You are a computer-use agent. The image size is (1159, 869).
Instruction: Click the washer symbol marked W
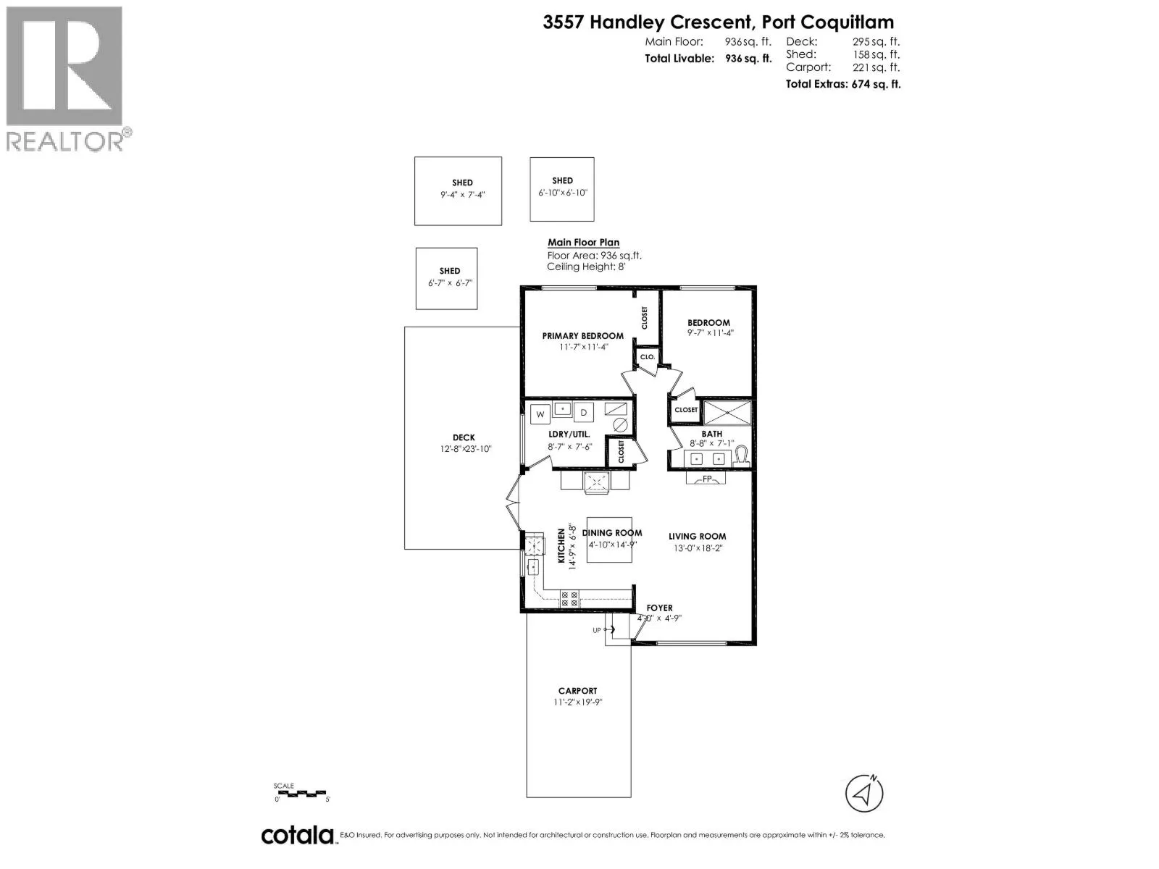540,415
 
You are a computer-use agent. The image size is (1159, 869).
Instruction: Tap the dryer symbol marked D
584,413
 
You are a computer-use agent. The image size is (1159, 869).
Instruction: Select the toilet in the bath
740,456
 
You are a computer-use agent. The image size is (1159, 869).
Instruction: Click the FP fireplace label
707,479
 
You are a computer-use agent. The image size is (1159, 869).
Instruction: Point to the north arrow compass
864,793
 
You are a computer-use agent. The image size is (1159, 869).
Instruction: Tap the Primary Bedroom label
582,336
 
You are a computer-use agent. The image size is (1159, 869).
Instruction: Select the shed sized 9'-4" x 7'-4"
458,190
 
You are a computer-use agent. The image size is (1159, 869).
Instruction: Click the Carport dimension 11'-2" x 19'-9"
577,702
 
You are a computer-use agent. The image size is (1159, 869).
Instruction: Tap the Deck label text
464,437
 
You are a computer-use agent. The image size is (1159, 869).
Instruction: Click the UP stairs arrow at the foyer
605,630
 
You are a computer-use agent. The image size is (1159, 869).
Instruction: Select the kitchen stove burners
569,599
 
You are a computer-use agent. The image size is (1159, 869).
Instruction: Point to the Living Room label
697,537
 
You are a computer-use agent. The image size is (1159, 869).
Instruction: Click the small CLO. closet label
647,357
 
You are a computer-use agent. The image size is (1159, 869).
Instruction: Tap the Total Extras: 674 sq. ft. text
842,84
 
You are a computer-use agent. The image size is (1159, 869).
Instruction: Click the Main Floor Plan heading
583,243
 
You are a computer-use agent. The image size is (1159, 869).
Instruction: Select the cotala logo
297,835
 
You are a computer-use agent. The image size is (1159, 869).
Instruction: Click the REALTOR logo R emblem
64,67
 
